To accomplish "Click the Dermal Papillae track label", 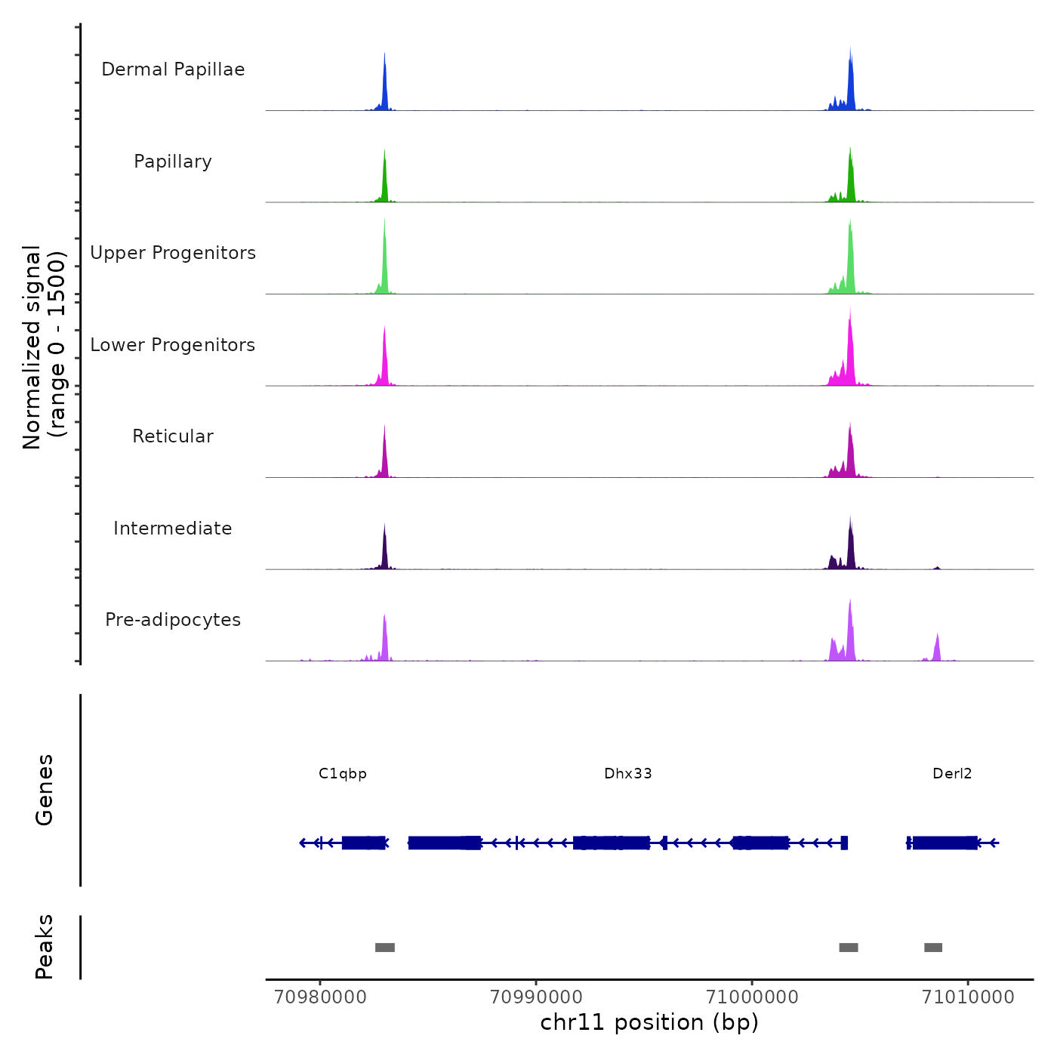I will pyautogui.click(x=173, y=69).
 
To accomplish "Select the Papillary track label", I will pyautogui.click(x=173, y=162).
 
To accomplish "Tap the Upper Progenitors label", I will pyautogui.click(x=173, y=253).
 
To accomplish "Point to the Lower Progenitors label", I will pyautogui.click(x=173, y=345).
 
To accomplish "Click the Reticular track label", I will pyautogui.click(x=173, y=436).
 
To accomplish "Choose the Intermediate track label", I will pyautogui.click(x=173, y=528).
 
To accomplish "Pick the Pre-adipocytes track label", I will pyautogui.click(x=173, y=620).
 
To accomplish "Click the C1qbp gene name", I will pyautogui.click(x=343, y=773).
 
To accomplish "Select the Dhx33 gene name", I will pyautogui.click(x=628, y=773).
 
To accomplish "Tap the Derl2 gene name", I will pyautogui.click(x=952, y=773).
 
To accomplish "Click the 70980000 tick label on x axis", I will pyautogui.click(x=320, y=997).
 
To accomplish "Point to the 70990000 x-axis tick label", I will pyautogui.click(x=536, y=997).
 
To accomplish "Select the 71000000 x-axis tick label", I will pyautogui.click(x=752, y=997).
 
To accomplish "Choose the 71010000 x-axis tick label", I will pyautogui.click(x=968, y=997).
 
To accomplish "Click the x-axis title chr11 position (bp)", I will pyautogui.click(x=649, y=1022).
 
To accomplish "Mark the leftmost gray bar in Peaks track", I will pyautogui.click(x=385, y=948).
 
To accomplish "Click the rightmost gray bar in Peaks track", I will pyautogui.click(x=933, y=948).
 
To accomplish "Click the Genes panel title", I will pyautogui.click(x=45, y=790).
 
